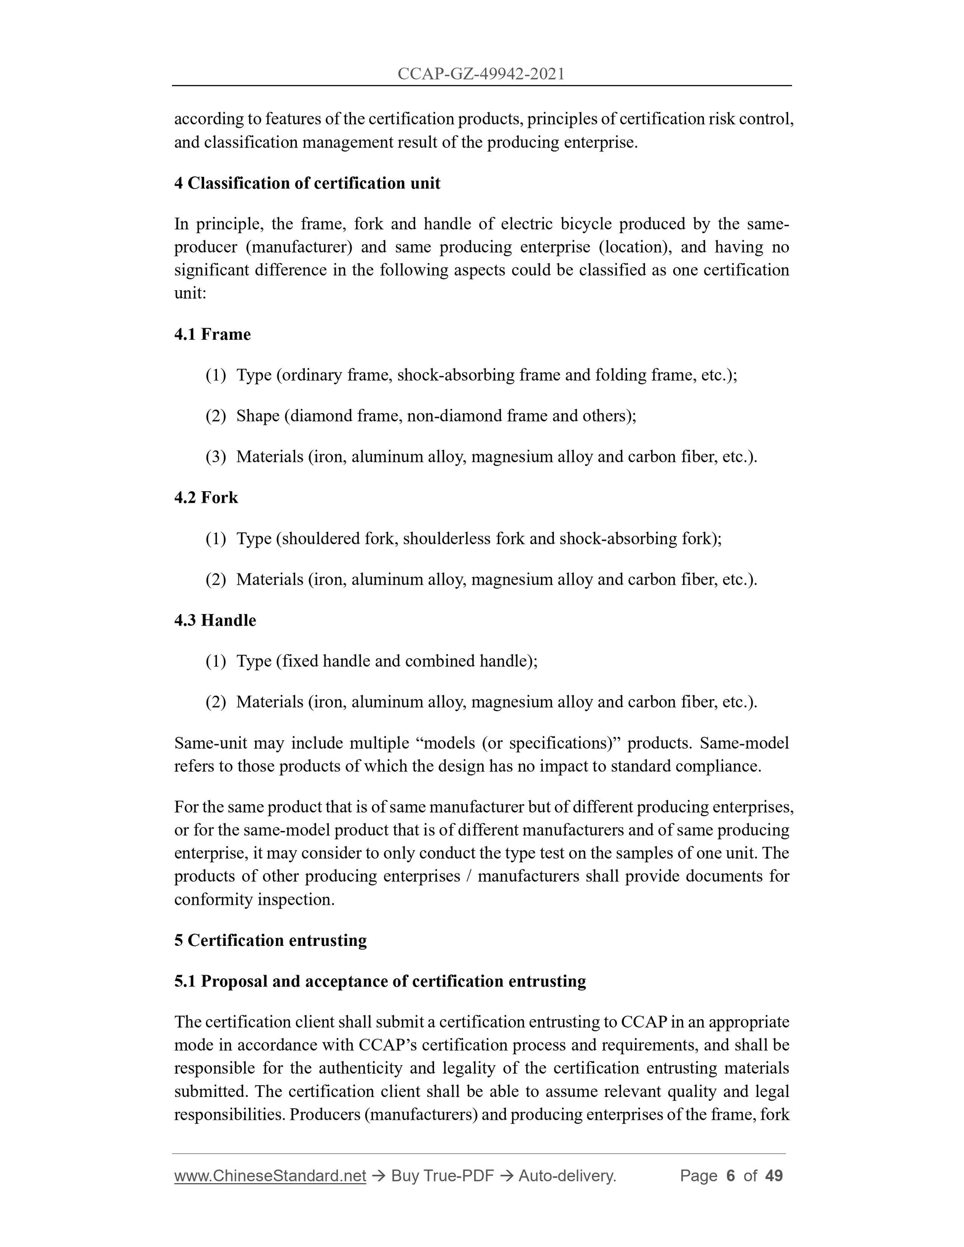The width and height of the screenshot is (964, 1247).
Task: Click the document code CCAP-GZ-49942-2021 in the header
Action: (x=481, y=74)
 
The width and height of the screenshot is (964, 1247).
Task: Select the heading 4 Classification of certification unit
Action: (x=307, y=183)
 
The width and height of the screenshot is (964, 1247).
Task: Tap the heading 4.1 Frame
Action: (x=213, y=335)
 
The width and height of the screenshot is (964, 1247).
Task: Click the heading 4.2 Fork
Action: (x=206, y=498)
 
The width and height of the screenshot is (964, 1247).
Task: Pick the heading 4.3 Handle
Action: (x=215, y=621)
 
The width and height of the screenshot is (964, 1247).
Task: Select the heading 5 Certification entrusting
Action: (x=270, y=940)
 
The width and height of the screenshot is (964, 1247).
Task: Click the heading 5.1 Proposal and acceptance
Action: (x=380, y=982)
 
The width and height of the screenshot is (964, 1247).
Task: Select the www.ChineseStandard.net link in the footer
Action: (x=270, y=1176)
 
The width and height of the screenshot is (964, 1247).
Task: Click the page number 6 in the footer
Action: (x=730, y=1176)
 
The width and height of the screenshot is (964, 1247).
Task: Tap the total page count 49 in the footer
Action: (x=774, y=1176)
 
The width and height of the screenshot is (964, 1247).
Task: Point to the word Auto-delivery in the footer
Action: (x=567, y=1176)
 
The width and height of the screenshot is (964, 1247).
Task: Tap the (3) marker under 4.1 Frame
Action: (x=216, y=457)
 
